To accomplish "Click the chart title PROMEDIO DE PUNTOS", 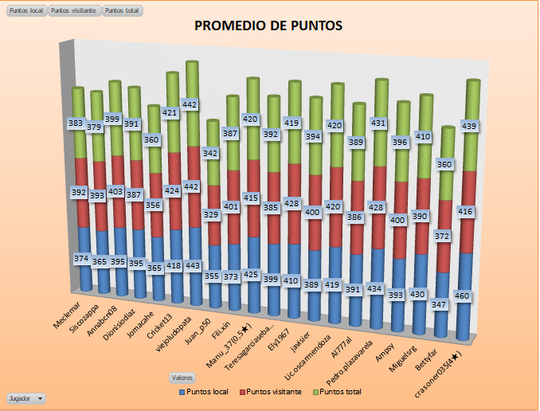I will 268,26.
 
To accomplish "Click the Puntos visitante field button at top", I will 74,11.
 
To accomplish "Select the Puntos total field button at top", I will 124,11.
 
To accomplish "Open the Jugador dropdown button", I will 25,397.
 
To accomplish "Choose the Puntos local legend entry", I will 209,392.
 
